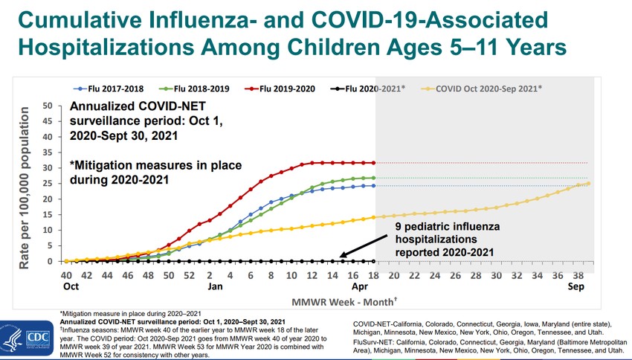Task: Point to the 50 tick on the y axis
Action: (x=47, y=106)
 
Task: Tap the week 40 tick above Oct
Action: (x=66, y=275)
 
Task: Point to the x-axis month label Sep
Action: (x=576, y=286)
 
